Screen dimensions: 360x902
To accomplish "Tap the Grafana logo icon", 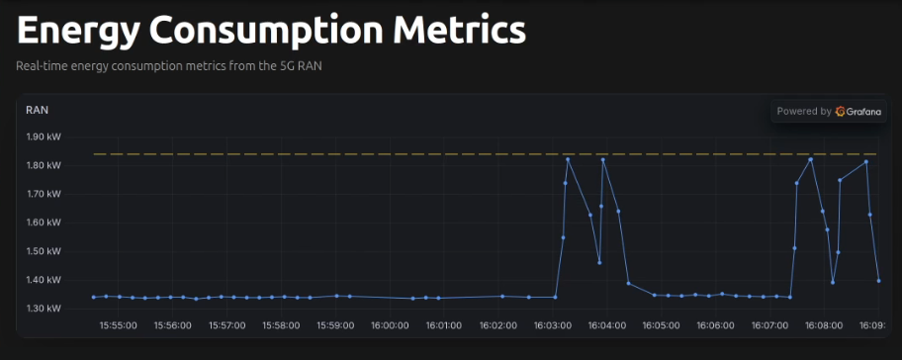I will [841, 112].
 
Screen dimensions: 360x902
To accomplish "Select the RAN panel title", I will [38, 110].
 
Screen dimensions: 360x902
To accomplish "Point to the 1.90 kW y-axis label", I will [45, 137].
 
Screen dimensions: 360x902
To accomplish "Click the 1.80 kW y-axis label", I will [45, 166].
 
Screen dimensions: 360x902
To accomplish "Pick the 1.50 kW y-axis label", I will [45, 251].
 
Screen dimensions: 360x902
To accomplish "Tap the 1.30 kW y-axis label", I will [45, 309].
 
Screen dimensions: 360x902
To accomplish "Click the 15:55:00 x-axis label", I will [119, 325].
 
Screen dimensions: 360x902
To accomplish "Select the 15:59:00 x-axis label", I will [335, 325].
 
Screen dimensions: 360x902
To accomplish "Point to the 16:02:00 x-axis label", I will [497, 325].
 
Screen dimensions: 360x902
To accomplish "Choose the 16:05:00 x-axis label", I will [661, 325].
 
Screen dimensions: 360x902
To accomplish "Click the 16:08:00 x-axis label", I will [823, 325].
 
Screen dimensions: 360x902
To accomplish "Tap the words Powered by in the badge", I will [804, 112].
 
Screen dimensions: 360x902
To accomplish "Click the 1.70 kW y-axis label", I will [45, 195].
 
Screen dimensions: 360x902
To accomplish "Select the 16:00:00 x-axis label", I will [390, 325].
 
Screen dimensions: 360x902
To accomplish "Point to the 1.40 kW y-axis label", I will [45, 280].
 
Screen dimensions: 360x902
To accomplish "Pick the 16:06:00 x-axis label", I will [715, 325].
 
